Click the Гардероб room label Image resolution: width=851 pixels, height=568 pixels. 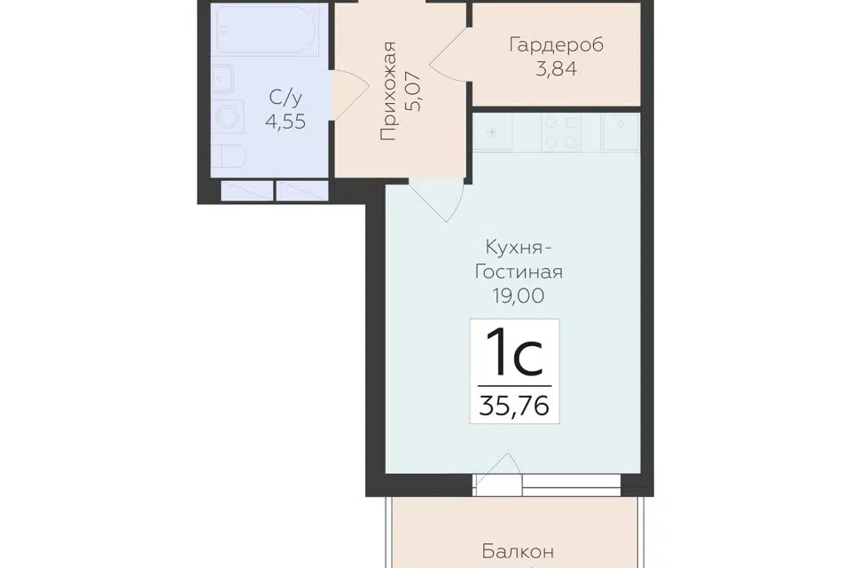tap(557, 45)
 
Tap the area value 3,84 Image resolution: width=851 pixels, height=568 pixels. tap(557, 69)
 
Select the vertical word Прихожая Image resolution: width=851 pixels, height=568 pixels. tap(388, 91)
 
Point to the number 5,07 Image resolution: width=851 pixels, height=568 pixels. tap(413, 91)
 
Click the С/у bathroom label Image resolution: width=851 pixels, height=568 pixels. tap(285, 98)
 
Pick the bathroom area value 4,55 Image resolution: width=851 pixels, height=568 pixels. tap(285, 122)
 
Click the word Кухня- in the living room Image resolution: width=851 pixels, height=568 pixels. tap(519, 248)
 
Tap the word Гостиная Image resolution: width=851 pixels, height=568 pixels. tap(519, 272)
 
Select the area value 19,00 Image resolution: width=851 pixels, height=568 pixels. tap(519, 296)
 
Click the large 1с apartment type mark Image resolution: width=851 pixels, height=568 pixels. tap(514, 352)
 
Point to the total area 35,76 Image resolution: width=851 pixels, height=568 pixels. tap(514, 406)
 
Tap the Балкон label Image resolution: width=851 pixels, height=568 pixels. tap(518, 552)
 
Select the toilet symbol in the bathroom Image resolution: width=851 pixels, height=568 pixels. tap(229, 157)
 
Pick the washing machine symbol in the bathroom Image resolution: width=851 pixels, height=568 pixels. tap(228, 116)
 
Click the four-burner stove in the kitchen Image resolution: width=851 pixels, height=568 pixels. tap(561, 132)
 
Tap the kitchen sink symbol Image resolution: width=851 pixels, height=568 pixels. tap(620, 131)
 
